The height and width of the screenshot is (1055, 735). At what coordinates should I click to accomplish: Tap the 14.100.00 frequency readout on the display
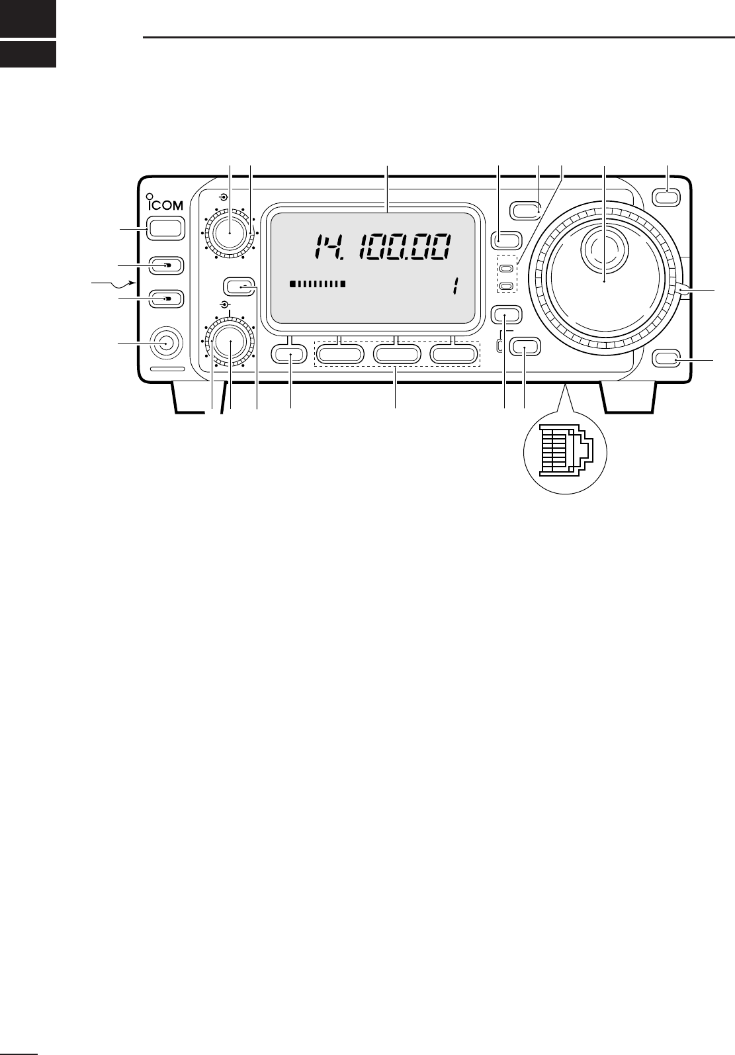[x=384, y=249]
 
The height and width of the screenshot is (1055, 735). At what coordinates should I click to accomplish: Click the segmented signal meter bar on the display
[x=318, y=285]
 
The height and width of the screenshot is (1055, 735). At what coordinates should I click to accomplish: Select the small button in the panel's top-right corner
[x=666, y=195]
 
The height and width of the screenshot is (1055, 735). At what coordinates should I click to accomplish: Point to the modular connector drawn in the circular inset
[x=564, y=451]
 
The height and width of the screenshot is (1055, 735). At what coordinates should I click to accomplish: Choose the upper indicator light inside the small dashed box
[x=506, y=269]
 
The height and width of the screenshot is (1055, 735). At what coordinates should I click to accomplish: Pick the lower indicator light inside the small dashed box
[x=506, y=286]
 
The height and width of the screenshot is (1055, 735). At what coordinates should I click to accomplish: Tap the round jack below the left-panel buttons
[x=163, y=343]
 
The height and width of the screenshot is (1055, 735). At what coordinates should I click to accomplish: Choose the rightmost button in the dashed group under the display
[x=454, y=355]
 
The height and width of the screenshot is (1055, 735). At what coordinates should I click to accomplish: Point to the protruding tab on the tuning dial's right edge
[x=683, y=289]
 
